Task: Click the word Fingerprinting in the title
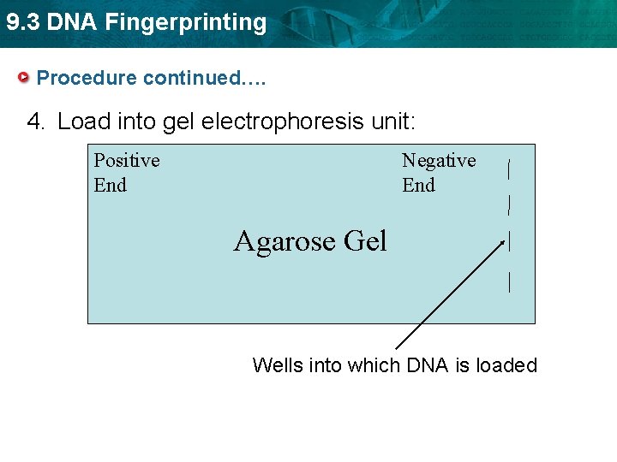click(186, 22)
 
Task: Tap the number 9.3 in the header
click(22, 22)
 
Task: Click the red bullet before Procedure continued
click(24, 78)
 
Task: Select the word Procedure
click(87, 78)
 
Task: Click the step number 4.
click(36, 121)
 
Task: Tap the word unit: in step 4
click(393, 121)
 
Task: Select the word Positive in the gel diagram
click(127, 161)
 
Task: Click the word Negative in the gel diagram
click(439, 161)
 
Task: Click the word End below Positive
click(111, 186)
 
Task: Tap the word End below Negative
click(419, 186)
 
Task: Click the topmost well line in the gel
click(511, 168)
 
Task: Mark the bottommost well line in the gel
click(511, 281)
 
